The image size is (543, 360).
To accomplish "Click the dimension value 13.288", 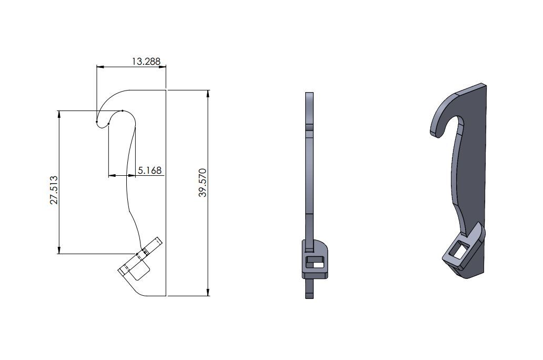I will click(x=146, y=62).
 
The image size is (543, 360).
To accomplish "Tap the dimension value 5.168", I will click(x=149, y=171).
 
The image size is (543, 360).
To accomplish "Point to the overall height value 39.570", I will click(x=203, y=183).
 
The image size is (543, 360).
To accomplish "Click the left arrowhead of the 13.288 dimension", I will click(x=99, y=67).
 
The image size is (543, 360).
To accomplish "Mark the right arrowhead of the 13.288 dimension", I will click(x=163, y=67).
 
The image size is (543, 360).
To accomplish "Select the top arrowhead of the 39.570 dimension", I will click(x=209, y=93).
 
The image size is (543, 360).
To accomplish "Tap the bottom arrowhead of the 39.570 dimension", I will click(x=209, y=293).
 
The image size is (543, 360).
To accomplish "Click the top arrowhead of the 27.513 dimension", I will click(x=59, y=114).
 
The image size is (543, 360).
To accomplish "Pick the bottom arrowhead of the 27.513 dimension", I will click(x=59, y=251).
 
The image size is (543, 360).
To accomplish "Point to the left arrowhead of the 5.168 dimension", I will click(x=111, y=175).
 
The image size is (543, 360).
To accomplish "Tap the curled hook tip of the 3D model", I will click(x=435, y=132).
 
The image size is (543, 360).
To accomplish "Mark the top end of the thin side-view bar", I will click(x=310, y=95).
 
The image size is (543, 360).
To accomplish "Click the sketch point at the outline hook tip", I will click(x=97, y=122).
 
